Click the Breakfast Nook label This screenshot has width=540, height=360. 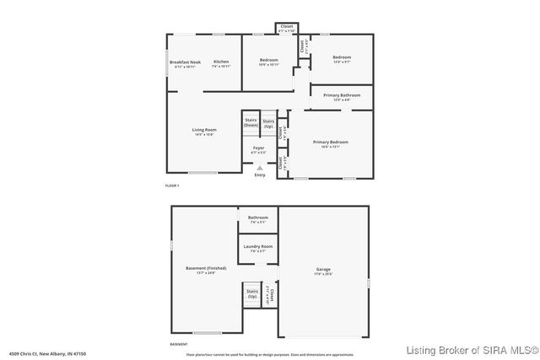click(185, 63)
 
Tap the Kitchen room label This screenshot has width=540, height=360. click(221, 63)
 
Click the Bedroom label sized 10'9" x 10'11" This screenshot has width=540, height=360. click(268, 62)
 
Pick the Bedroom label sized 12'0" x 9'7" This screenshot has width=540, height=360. click(342, 61)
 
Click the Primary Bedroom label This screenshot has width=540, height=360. click(331, 143)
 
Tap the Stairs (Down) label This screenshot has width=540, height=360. click(251, 122)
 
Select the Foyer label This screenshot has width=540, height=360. click(259, 150)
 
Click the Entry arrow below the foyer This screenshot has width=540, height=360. click(259, 169)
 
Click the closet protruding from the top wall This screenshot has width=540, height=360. click(286, 29)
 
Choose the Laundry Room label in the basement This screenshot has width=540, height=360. click(258, 248)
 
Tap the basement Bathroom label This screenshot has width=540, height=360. click(258, 219)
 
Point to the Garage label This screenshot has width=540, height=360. click(324, 271)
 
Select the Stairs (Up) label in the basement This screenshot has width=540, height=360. click(251, 294)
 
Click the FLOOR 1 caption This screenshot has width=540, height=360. click(173, 185)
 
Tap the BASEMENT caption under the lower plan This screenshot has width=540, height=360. click(179, 344)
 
